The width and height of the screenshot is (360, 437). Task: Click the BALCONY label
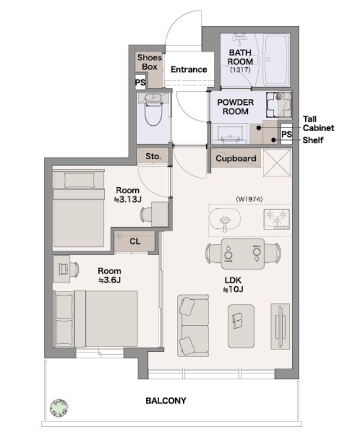click(166, 401)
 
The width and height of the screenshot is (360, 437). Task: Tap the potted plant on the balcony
click(59, 408)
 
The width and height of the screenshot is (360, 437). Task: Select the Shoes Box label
click(150, 62)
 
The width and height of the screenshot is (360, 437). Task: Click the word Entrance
click(188, 69)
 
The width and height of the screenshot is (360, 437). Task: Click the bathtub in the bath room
click(275, 60)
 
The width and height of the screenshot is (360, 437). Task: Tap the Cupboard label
click(235, 159)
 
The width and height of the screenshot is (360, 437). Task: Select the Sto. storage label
click(153, 156)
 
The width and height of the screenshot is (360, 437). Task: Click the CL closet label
click(135, 241)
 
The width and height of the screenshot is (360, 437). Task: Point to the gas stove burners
click(277, 219)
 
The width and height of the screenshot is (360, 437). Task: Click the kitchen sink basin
click(225, 220)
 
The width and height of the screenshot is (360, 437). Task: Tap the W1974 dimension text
click(249, 199)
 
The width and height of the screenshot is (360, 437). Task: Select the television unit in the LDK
click(280, 326)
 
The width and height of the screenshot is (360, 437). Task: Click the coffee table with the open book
click(241, 326)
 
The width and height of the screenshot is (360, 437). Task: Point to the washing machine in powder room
click(278, 105)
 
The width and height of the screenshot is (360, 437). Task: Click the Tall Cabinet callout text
click(318, 123)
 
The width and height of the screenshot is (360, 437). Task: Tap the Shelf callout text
click(313, 140)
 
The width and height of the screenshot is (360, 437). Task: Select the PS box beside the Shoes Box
click(141, 82)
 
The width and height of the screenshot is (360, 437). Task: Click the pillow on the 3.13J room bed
click(79, 180)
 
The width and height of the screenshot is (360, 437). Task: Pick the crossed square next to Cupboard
click(277, 163)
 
